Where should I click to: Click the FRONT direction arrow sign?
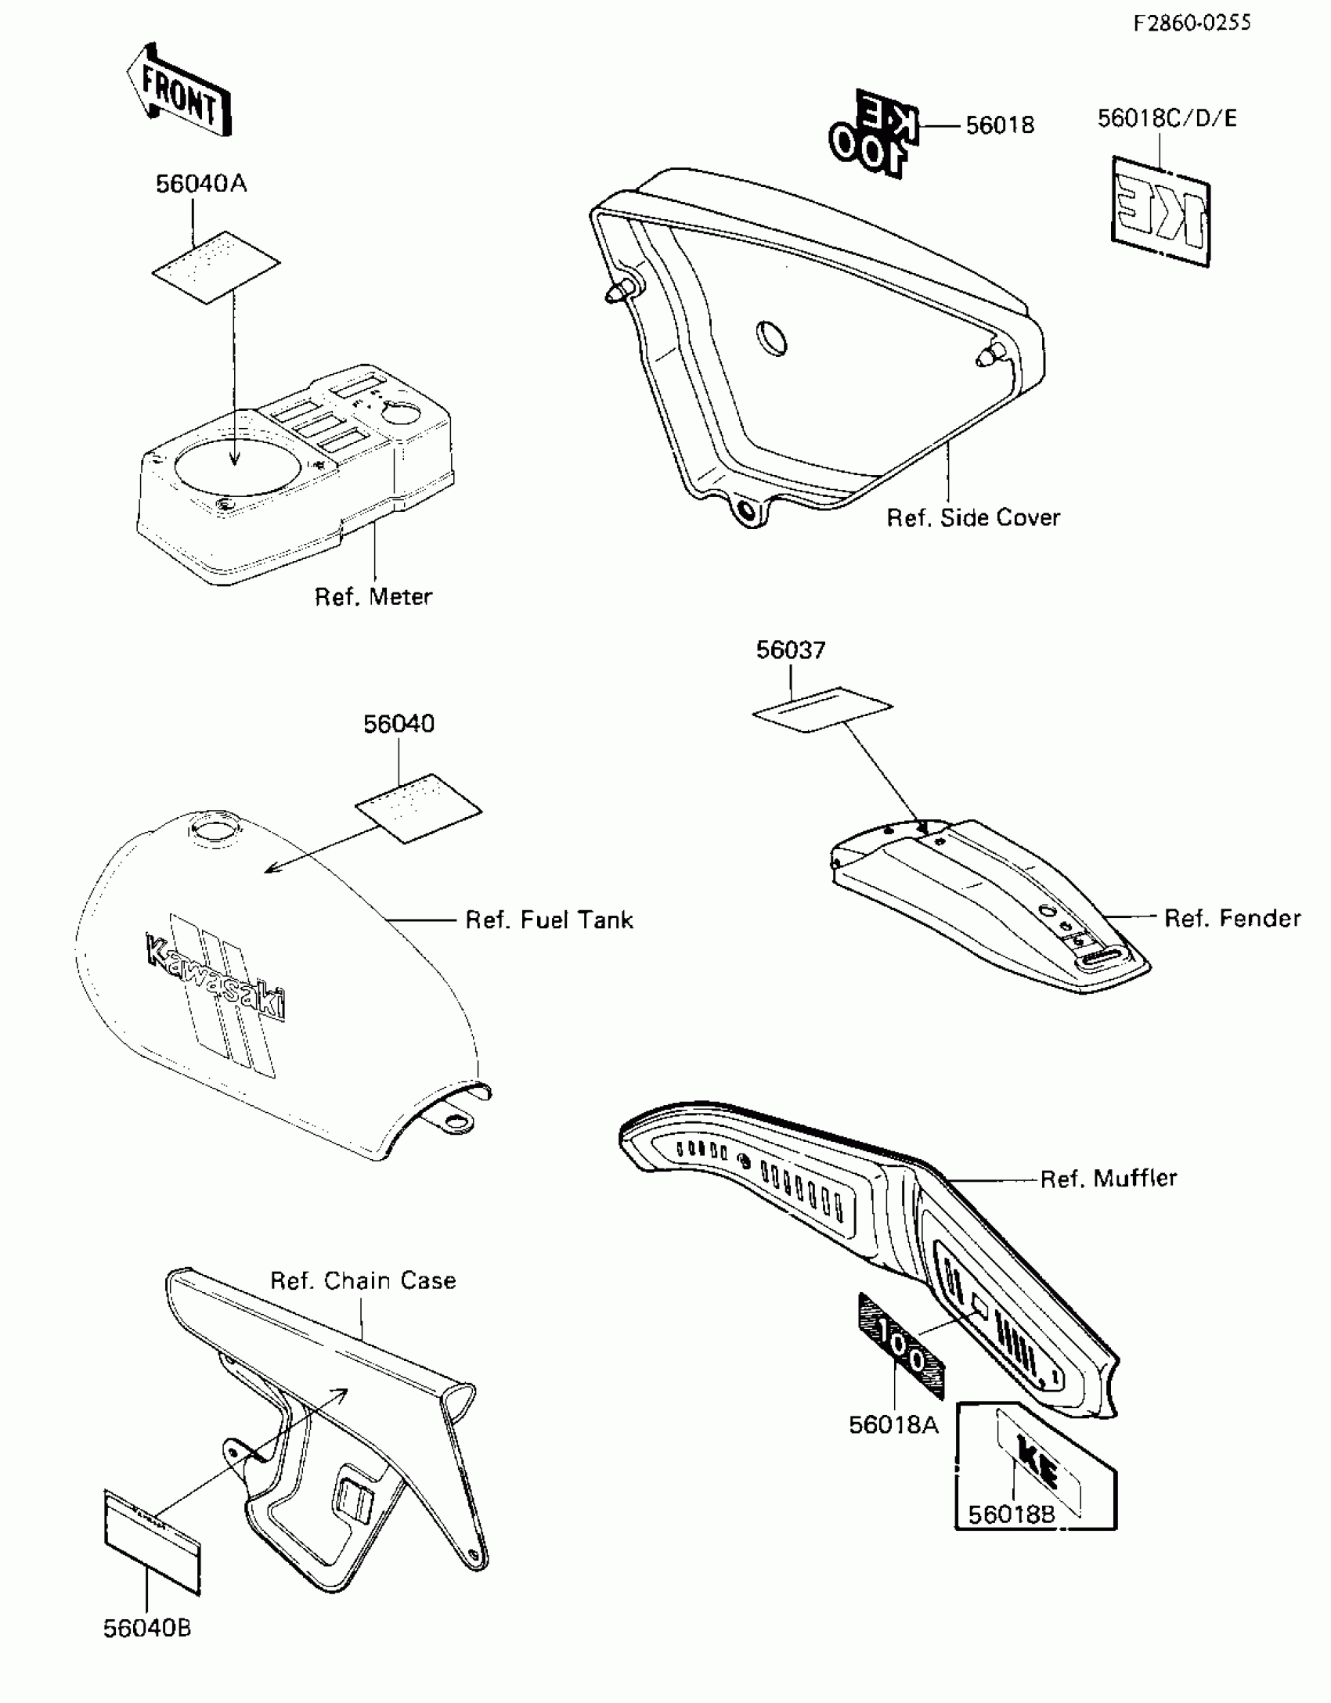click(179, 92)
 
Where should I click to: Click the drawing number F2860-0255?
click(1192, 23)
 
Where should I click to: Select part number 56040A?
click(201, 184)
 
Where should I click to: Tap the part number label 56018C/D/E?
click(1167, 118)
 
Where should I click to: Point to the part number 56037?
click(790, 650)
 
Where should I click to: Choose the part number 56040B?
click(147, 1629)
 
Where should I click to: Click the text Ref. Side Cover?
click(972, 517)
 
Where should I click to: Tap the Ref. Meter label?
click(373, 597)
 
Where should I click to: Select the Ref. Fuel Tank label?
click(549, 920)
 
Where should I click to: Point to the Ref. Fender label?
click(1232, 918)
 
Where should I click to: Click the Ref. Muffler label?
click(1108, 1178)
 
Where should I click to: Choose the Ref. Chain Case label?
click(363, 1281)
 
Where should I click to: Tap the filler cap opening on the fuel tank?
click(209, 829)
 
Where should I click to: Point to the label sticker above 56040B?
click(153, 1540)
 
